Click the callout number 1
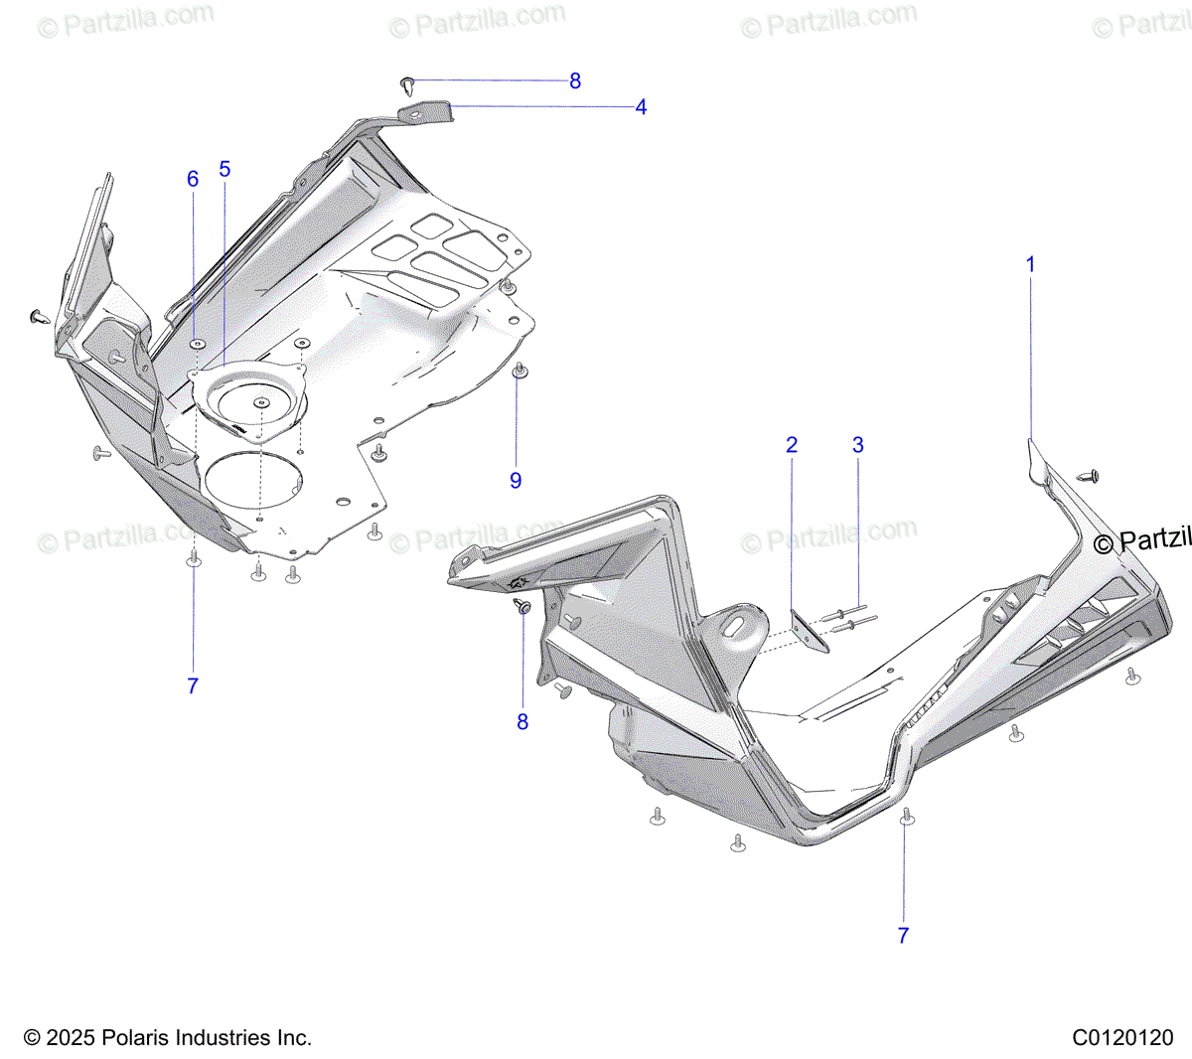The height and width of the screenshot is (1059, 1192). pos(1030,264)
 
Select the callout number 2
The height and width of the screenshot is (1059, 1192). pos(792,445)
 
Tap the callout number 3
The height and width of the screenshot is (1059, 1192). pos(858,445)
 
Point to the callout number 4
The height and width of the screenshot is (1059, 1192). pos(641,107)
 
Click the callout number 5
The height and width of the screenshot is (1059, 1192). pos(224,169)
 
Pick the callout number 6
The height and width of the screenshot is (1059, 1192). pos(193,179)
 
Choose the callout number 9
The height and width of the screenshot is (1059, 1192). pos(516,480)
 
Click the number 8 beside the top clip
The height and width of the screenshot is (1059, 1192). pos(575,81)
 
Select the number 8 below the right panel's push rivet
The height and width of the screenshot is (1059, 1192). pos(522,722)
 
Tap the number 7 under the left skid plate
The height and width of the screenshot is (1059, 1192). pos(193,685)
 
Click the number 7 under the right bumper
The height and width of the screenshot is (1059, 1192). pos(903,935)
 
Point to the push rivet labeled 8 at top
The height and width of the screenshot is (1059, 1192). pos(407,80)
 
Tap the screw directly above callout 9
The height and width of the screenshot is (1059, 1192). pos(518,371)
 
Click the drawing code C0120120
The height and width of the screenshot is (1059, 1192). pos(1122,1038)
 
